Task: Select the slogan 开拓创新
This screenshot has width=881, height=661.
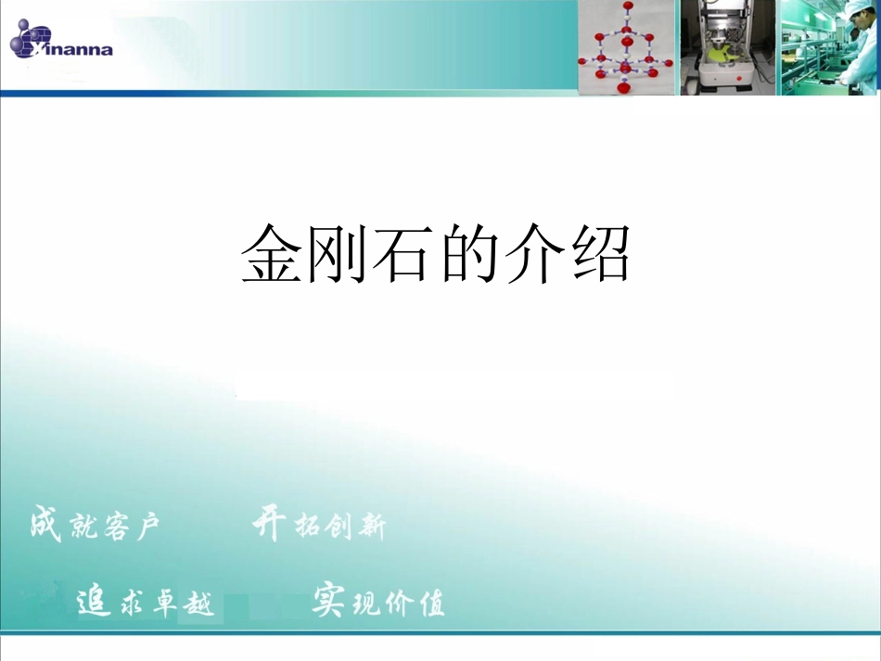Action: (x=318, y=526)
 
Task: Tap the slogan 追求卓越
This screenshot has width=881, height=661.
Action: (x=145, y=603)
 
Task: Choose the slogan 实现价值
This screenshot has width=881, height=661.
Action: (x=377, y=603)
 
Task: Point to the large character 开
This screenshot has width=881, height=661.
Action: (x=270, y=524)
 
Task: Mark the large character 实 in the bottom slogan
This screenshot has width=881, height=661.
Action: (x=328, y=601)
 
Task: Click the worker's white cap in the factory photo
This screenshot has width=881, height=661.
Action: (x=866, y=6)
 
